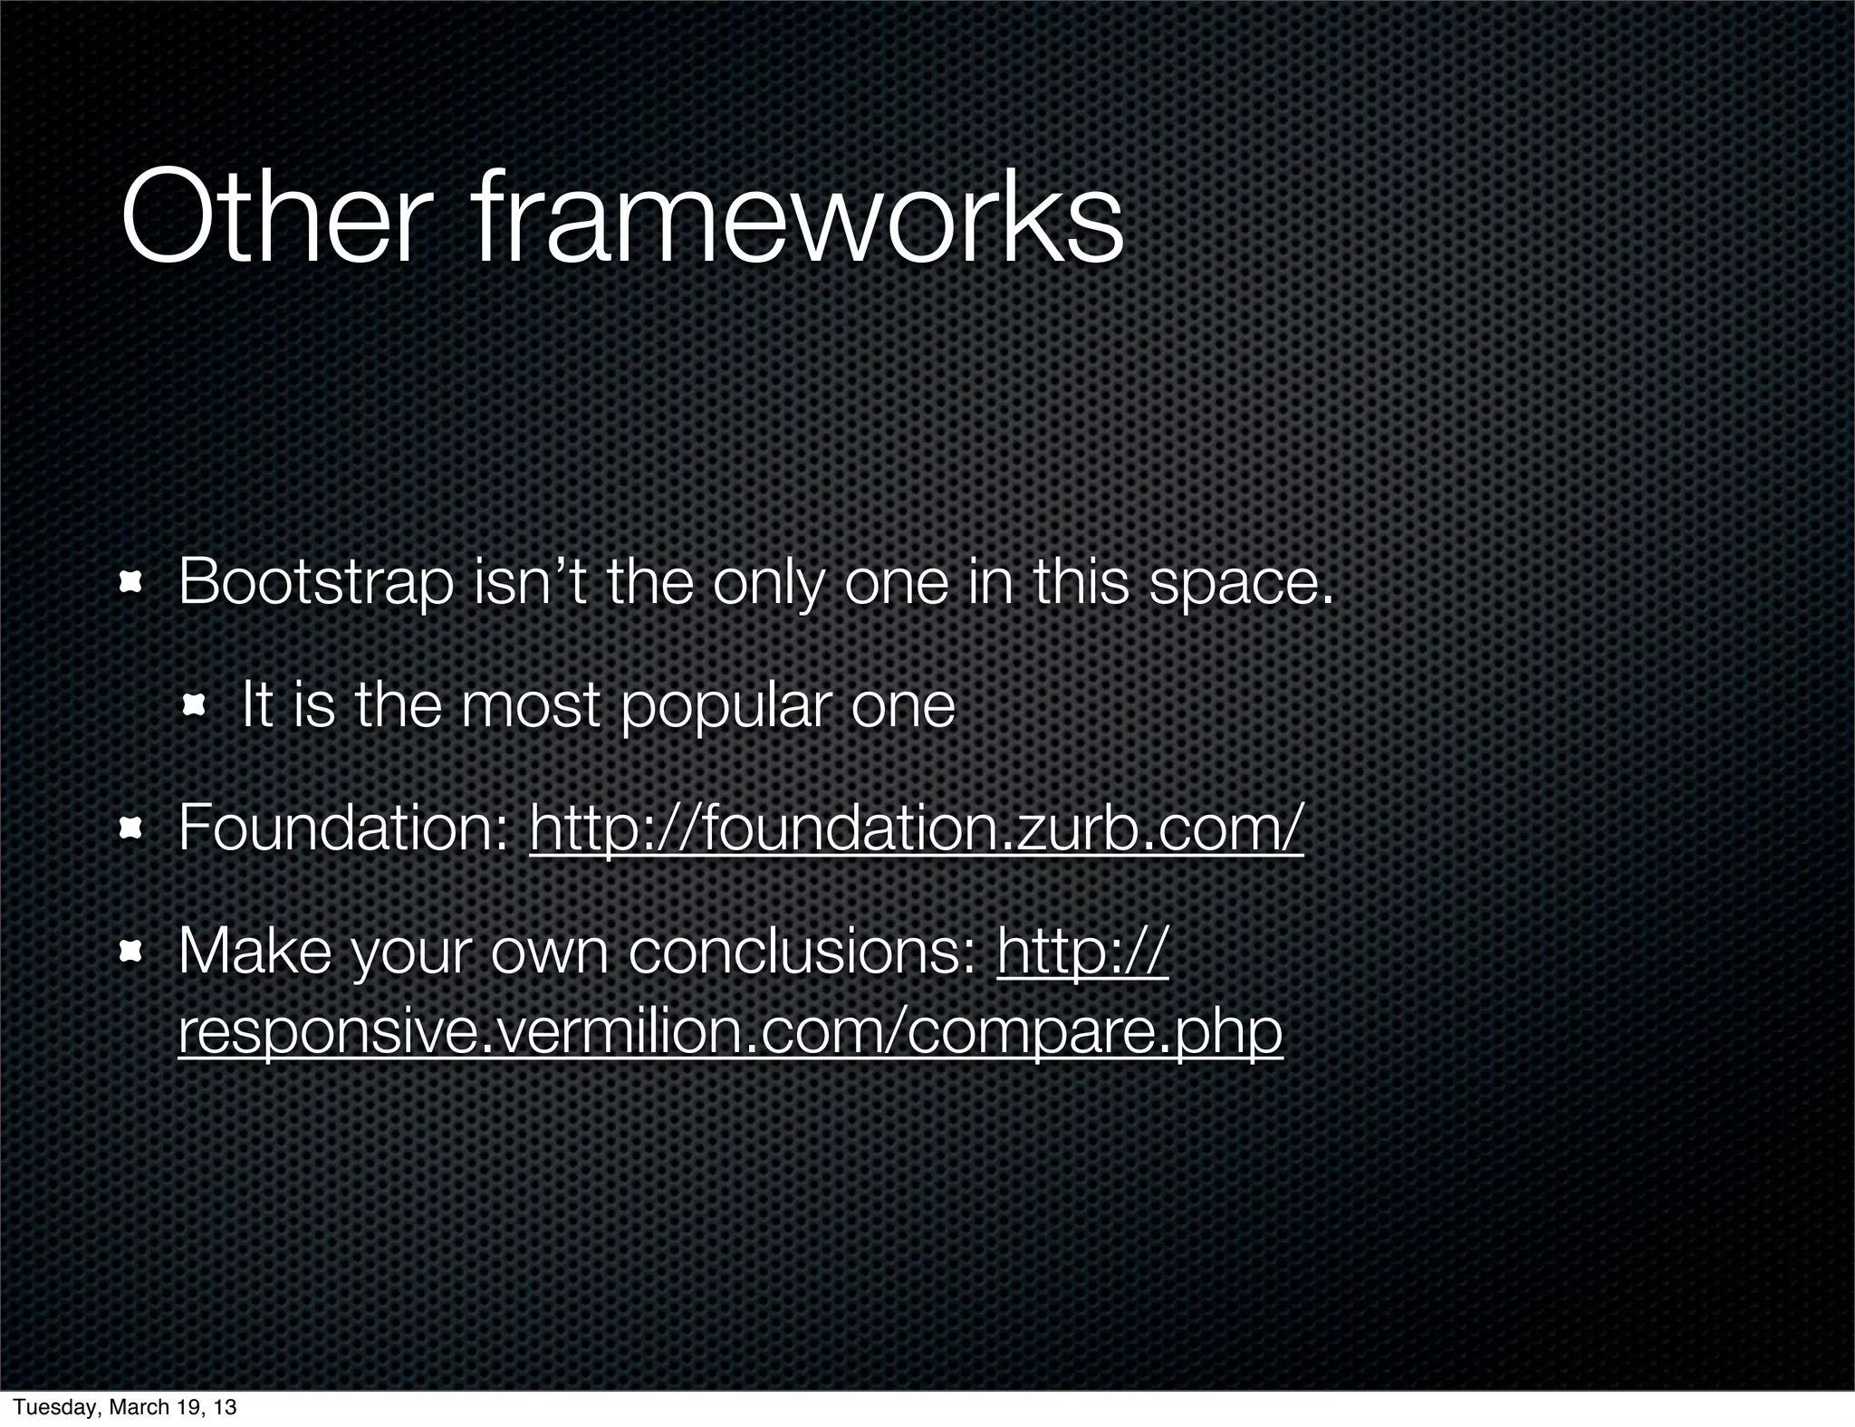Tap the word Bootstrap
click(316, 584)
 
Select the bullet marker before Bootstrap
click(133, 584)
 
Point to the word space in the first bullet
click(1240, 584)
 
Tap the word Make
click(255, 951)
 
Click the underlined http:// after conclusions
click(1083, 951)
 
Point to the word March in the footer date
click(137, 1407)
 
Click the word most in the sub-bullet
click(531, 707)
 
